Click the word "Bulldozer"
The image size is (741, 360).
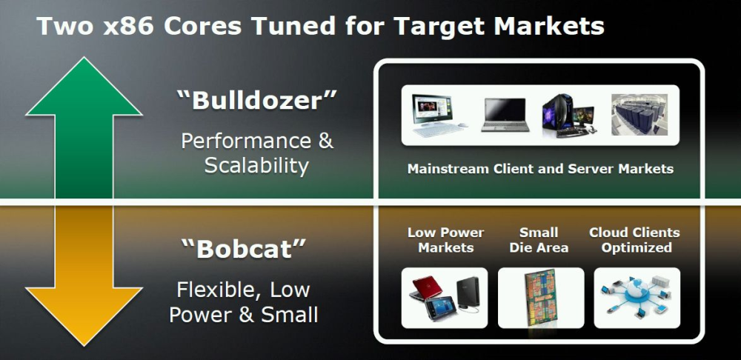click(x=256, y=100)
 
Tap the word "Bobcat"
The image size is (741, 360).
click(x=244, y=248)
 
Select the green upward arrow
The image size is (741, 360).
click(x=84, y=127)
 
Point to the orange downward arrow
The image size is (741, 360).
click(x=84, y=276)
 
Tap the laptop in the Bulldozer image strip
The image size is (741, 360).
click(x=504, y=114)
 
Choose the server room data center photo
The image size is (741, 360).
click(x=639, y=114)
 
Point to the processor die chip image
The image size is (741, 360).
click(x=541, y=298)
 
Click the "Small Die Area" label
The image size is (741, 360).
click(x=539, y=240)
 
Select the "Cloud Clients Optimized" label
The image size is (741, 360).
click(x=635, y=240)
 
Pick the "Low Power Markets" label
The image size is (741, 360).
click(x=445, y=240)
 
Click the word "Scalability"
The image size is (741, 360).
click(x=256, y=166)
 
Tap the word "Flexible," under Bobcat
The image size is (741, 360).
click(x=219, y=290)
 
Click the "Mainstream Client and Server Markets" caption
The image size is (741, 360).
click(x=540, y=169)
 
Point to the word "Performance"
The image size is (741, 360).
click(x=246, y=141)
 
